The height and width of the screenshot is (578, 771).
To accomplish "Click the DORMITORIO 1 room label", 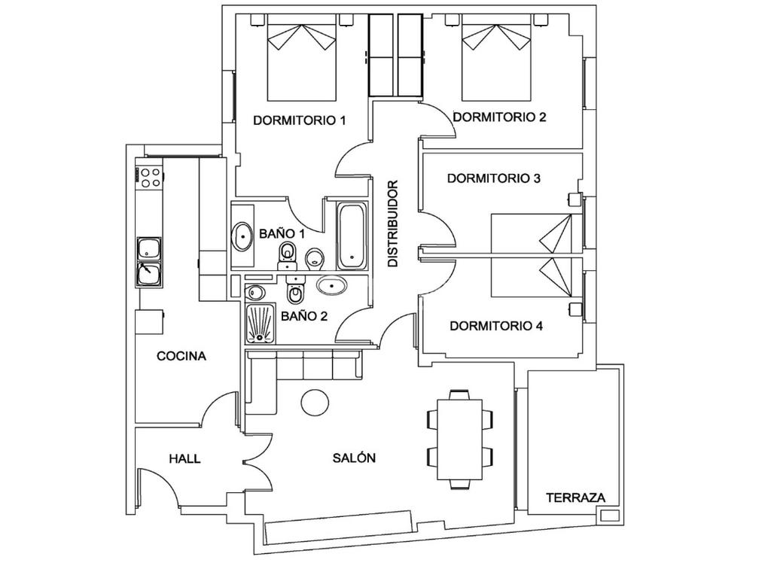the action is tap(300, 120).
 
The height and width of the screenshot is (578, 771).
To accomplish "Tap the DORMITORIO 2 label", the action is tap(500, 117).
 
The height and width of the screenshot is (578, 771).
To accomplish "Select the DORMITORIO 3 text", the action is tap(494, 178).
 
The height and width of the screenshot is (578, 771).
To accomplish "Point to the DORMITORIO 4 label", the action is tap(496, 326).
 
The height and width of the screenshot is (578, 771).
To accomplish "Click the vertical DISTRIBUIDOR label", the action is tap(393, 224).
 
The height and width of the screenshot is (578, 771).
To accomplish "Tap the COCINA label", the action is tap(181, 356).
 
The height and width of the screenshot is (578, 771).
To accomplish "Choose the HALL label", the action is tap(185, 459).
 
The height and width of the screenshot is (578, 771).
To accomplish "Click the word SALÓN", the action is tap(354, 458).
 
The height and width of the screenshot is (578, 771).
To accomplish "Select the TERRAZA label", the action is tap(576, 498).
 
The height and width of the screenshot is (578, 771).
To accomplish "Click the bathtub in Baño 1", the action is tap(352, 236).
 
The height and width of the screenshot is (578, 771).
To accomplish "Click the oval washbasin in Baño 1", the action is tap(242, 237).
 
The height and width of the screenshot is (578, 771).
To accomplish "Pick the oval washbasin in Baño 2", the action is tap(331, 285).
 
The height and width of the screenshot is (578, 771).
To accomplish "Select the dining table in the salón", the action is tap(460, 440).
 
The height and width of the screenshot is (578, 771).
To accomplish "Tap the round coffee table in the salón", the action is tap(315, 403).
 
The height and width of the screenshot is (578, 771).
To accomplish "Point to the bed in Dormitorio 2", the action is tap(497, 57).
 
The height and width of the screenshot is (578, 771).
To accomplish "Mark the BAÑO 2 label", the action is tap(304, 317).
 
